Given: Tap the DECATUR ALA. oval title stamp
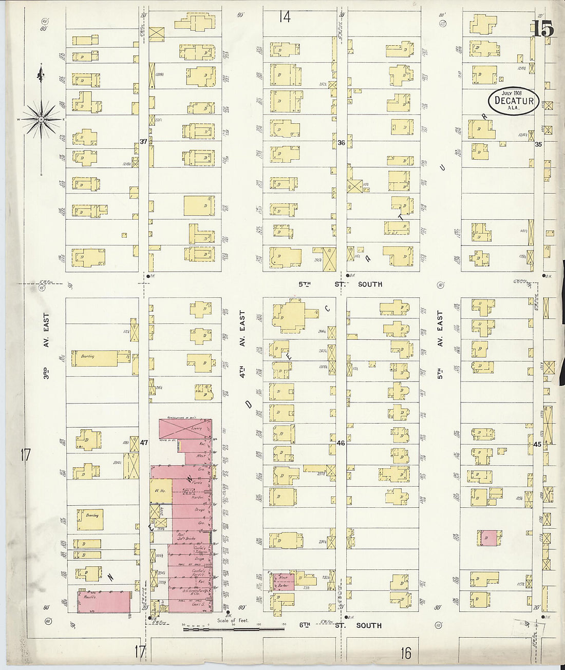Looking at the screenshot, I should coord(514,101).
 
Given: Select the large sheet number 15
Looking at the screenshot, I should coord(543,29).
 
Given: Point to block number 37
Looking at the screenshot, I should coord(143,141).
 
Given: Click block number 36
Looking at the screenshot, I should coord(341,143).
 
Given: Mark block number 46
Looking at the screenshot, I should coord(341,443).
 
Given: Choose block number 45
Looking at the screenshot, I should coord(537,444).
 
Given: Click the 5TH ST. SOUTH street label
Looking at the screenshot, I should coord(340,284).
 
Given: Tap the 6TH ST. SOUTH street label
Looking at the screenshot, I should coord(340,625).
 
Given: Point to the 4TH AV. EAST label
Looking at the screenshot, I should coord(242,343).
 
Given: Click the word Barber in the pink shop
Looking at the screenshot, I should coord(283,585).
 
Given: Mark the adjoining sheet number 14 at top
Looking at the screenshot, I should coord(285,17).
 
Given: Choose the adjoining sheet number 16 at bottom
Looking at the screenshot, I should coord(406,653).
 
